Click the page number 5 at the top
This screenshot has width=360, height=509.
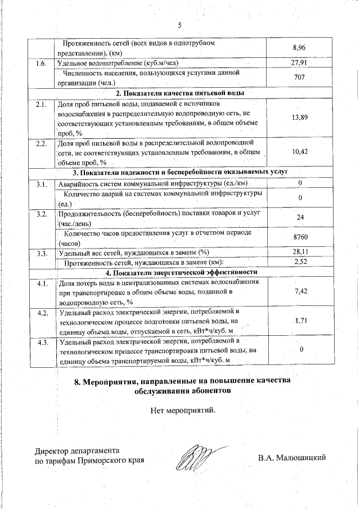180,25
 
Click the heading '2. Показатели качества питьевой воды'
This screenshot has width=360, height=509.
179,92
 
